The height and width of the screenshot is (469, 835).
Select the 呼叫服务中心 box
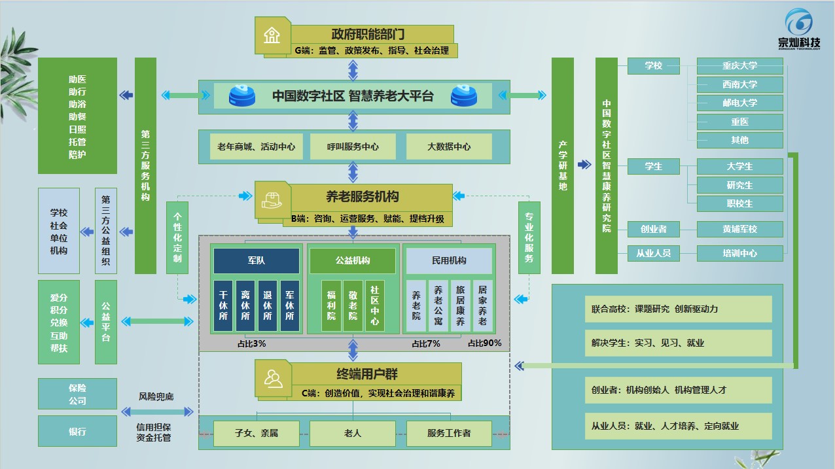pyautogui.click(x=353, y=147)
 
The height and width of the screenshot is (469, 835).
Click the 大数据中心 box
pyautogui.click(x=449, y=147)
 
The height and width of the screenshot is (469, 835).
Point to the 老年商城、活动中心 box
pyautogui.click(x=256, y=147)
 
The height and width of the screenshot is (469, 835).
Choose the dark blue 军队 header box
pyautogui.click(x=256, y=260)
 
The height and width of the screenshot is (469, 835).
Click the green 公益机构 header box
pyautogui.click(x=352, y=260)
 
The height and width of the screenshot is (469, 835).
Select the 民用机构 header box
pyautogui.click(x=449, y=260)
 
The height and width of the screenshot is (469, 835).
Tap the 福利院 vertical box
pyautogui.click(x=331, y=305)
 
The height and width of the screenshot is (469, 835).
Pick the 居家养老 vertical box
pyautogui.click(x=482, y=305)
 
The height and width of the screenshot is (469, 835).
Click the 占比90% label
pyautogui.click(x=484, y=343)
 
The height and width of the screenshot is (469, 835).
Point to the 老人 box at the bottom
pyautogui.click(x=353, y=432)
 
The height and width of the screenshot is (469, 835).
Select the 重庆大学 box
pyautogui.click(x=739, y=66)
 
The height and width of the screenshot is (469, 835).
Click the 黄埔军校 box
pyautogui.click(x=739, y=229)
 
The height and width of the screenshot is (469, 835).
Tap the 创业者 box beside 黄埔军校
pyautogui.click(x=653, y=229)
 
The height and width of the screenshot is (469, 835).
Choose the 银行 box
pyautogui.click(x=77, y=432)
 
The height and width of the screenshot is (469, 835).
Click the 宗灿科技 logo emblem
pyautogui.click(x=798, y=23)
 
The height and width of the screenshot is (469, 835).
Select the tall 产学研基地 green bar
pyautogui.click(x=562, y=165)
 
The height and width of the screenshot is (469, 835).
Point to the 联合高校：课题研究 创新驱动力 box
pyautogui.click(x=678, y=309)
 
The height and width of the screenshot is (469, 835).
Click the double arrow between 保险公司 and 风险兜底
pyautogui.click(x=157, y=411)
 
